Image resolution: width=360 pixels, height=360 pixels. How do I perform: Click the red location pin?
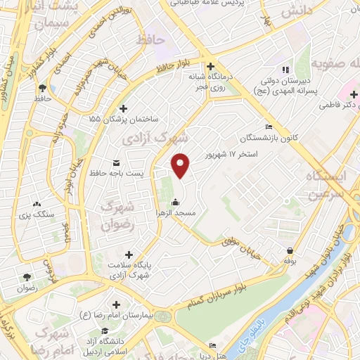point(181,165)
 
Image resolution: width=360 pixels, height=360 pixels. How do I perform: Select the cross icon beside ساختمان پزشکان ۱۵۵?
point(124,109)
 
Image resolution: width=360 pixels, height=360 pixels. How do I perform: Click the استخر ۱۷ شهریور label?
point(232,153)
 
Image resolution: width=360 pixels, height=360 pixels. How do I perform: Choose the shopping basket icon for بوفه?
point(290,251)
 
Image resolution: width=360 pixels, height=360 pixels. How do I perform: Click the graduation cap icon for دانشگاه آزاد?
point(104,331)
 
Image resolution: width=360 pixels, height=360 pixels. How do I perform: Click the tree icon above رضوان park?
point(27,277)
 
